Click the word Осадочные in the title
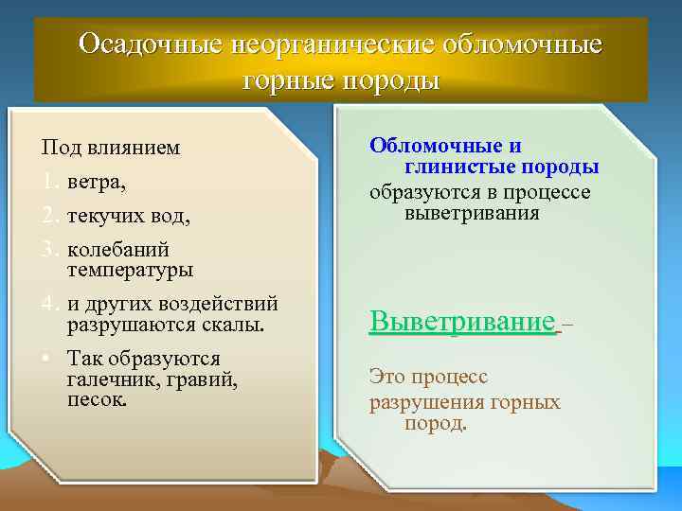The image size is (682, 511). (156, 44)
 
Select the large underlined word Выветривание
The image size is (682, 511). (462, 321)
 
